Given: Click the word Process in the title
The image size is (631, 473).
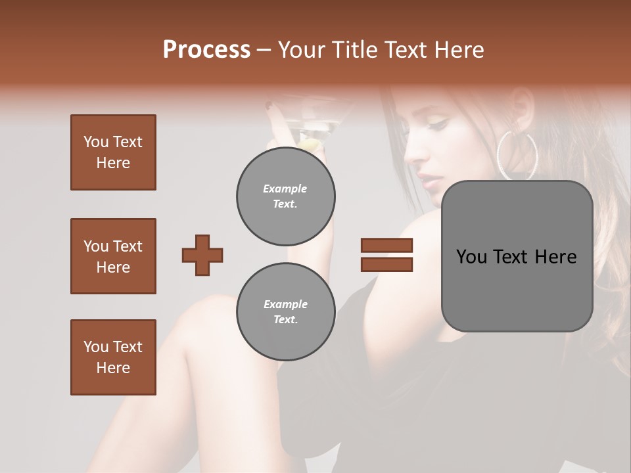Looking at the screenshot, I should pos(206,49).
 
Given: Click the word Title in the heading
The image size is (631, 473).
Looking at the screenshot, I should pos(353,49).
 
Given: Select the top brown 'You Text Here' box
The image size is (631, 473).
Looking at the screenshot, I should pos(113,152).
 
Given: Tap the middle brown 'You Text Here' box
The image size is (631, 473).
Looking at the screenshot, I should pos(113,256).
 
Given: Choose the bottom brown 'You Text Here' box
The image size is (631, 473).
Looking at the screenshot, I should pos(113,357).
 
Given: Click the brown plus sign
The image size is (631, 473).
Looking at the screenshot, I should pos(202,255).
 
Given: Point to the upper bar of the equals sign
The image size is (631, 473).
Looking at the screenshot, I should pos(387,245).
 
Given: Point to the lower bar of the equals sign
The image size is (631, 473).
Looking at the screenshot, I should pos(387,264).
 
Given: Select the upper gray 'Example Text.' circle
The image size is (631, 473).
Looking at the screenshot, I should pos(285,196).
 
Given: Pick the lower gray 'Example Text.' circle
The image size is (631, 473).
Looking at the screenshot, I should pos(285,312).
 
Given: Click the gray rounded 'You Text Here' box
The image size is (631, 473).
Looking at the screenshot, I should pos(517,256).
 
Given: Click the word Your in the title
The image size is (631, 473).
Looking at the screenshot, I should pos(300,49).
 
